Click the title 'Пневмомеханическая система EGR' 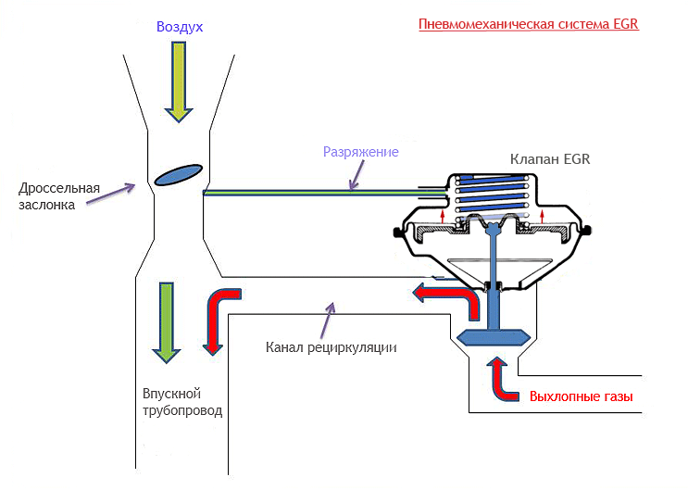pos(528,25)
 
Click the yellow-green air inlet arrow pos(179,83)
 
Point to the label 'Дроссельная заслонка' pos(59,197)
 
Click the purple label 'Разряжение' pos(360,152)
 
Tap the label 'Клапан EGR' pos(550,159)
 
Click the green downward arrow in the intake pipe pos(166,320)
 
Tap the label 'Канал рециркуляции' pos(331,348)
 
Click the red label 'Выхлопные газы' pos(581,396)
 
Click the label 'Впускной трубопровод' pos(182,402)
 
